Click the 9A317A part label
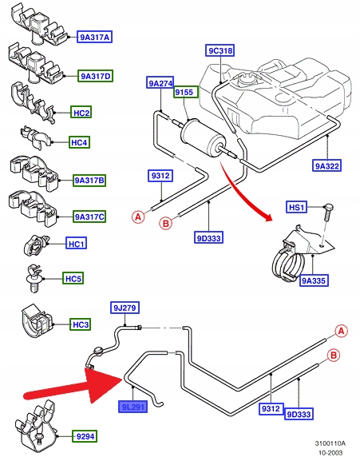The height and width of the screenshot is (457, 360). pyautogui.click(x=95, y=37)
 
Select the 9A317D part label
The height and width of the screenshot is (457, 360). pyautogui.click(x=95, y=76)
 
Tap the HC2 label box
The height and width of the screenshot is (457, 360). pyautogui.click(x=81, y=113)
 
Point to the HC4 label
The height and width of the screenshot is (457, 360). pyautogui.click(x=79, y=142)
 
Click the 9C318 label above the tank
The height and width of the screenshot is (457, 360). pyautogui.click(x=221, y=50)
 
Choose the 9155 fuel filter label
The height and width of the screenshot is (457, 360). pyautogui.click(x=186, y=92)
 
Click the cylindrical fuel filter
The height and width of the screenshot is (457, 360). pyautogui.click(x=202, y=137)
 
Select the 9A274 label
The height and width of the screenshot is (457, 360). pyautogui.click(x=160, y=83)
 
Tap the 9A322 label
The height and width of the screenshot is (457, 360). pyautogui.click(x=326, y=166)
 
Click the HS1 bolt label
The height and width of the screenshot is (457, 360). pyautogui.click(x=296, y=207)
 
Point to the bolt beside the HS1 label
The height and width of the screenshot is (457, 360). pyautogui.click(x=327, y=217)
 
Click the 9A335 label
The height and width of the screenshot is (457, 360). pyautogui.click(x=314, y=280)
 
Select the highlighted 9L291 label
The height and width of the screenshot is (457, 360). pyautogui.click(x=133, y=407)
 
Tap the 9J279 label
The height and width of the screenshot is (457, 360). pyautogui.click(x=125, y=308)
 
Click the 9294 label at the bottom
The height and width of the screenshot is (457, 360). pyautogui.click(x=85, y=436)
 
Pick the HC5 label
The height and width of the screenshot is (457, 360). pyautogui.click(x=73, y=278)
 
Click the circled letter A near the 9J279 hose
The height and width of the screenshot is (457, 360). pyautogui.click(x=342, y=331)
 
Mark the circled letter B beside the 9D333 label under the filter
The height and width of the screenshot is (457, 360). pyautogui.click(x=166, y=224)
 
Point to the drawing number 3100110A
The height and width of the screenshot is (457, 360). pyautogui.click(x=330, y=443)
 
